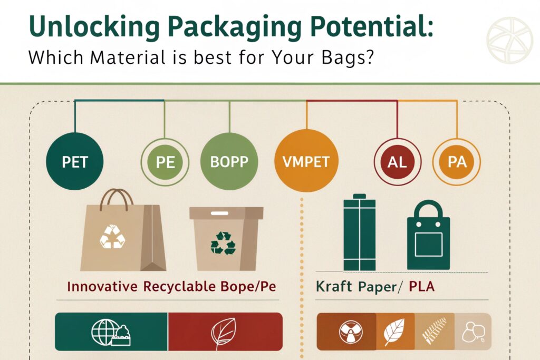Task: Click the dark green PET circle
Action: pos(75,161)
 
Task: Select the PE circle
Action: pos(165,162)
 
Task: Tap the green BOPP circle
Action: pos(229,161)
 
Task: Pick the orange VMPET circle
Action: pos(306,161)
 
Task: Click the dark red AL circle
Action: pos(398,162)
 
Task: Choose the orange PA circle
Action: pos(457,162)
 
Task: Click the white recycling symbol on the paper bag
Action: pos(112,237)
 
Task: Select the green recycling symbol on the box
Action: pos(223,243)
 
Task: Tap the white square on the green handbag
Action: pos(428,245)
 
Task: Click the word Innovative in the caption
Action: pos(102,286)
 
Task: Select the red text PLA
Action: pos(421,286)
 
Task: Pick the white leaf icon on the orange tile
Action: pos(394,332)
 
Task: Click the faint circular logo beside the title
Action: pos(509,40)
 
